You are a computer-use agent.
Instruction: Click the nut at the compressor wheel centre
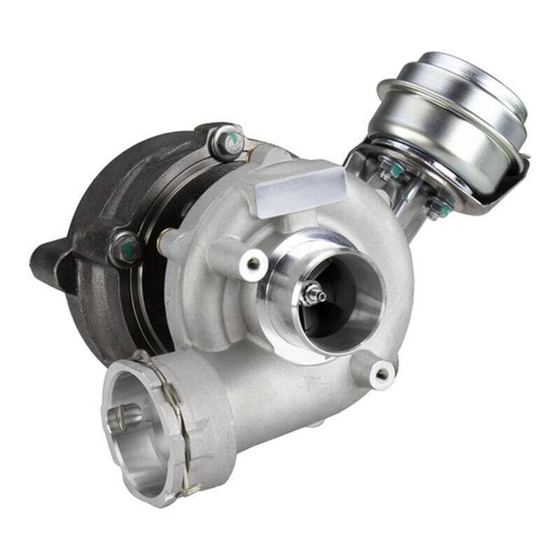pyautogui.click(x=310, y=295)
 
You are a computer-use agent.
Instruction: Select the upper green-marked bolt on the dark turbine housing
pyautogui.click(x=225, y=142)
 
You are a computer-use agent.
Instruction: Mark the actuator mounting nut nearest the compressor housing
pyautogui.click(x=387, y=167)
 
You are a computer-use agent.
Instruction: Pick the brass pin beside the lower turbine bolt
pyautogui.click(x=163, y=241)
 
